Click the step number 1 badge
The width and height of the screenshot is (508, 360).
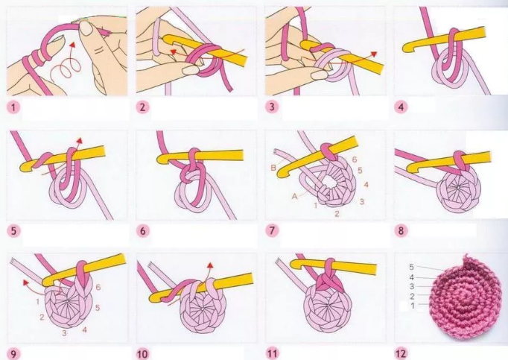click(x=13, y=107)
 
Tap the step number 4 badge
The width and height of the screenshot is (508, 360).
click(x=401, y=107)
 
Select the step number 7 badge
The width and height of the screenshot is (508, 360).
click(x=272, y=230)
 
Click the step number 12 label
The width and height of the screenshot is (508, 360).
click(x=401, y=353)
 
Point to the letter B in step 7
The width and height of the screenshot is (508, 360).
click(x=273, y=168)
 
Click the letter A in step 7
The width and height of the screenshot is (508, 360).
click(x=294, y=197)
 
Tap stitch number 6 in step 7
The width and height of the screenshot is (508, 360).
click(x=355, y=160)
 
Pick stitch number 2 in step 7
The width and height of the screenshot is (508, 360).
click(x=337, y=214)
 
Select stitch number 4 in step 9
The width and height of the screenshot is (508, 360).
click(x=85, y=330)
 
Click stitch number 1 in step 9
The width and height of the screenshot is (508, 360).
click(x=37, y=302)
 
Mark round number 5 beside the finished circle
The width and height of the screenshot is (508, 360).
click(x=411, y=267)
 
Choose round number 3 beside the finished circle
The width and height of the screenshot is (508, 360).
click(x=412, y=286)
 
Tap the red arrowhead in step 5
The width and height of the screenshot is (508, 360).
click(x=79, y=141)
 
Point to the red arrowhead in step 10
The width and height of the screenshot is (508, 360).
click(x=211, y=265)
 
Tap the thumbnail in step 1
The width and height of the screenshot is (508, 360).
click(x=86, y=28)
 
